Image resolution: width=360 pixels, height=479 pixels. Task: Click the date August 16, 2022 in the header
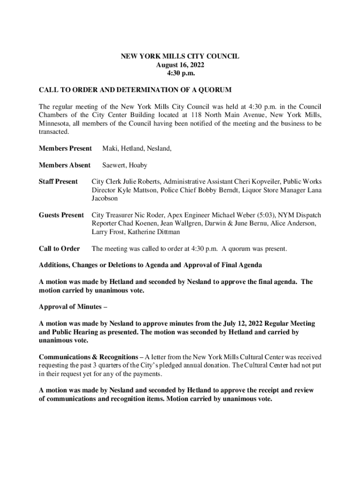[x=180, y=65]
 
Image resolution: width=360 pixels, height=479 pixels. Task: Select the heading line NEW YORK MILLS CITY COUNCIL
[x=180, y=56]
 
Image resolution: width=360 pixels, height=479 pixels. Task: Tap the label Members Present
[x=65, y=149]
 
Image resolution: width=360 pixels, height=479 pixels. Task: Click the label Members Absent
[x=65, y=165]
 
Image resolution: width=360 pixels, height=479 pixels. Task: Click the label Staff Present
[x=58, y=181]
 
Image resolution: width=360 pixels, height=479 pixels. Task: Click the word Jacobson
[x=105, y=199]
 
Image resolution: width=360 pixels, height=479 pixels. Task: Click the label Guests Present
[x=61, y=215]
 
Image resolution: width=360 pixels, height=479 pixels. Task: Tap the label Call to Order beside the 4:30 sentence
[x=59, y=249]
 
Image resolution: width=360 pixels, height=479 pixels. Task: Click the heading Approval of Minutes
[x=73, y=307]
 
